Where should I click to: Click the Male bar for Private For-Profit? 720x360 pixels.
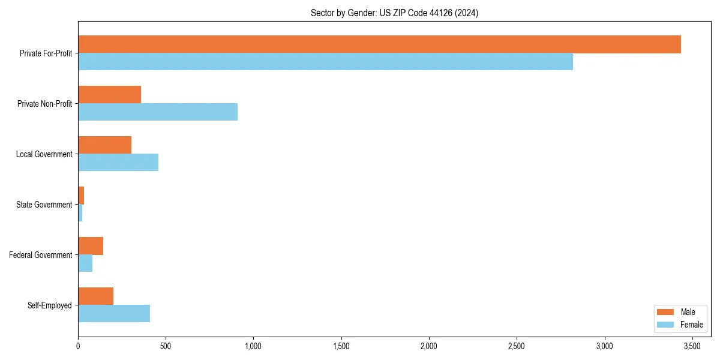click(x=379, y=44)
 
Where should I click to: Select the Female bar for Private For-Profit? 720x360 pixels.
click(x=325, y=62)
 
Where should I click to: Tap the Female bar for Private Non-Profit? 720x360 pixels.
click(x=158, y=112)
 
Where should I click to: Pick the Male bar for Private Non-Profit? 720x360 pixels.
click(x=109, y=95)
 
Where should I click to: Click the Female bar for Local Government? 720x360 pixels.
click(x=118, y=163)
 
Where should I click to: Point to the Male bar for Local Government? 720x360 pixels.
click(x=104, y=145)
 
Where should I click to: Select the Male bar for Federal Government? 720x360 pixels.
click(x=91, y=246)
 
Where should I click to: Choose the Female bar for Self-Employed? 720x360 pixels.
click(x=114, y=314)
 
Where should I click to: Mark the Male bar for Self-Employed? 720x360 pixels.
click(x=95, y=296)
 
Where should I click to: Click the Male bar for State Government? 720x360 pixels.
click(x=81, y=196)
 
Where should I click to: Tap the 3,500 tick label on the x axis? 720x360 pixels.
click(x=692, y=347)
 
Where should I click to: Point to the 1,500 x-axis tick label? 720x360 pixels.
click(x=341, y=347)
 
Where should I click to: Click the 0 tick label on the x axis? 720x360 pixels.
click(x=78, y=347)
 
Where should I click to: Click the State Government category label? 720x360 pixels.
click(x=44, y=205)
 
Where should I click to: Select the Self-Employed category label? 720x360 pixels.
click(x=49, y=305)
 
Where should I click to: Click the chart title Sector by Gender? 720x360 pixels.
click(x=394, y=13)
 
